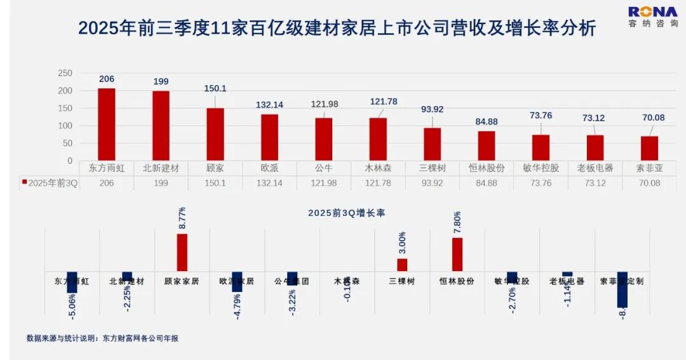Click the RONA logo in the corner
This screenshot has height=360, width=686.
click(x=653, y=17)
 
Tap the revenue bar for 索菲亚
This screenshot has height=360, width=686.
click(x=649, y=149)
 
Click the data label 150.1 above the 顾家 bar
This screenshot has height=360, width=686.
click(x=215, y=89)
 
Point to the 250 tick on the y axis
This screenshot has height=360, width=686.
click(x=65, y=73)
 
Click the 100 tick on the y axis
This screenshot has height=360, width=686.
click(x=65, y=126)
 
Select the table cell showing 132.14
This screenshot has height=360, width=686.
click(x=269, y=183)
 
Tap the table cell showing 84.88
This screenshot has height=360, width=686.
click(x=487, y=183)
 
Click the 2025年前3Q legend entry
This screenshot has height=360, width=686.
click(x=50, y=183)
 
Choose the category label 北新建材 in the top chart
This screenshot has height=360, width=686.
click(x=161, y=168)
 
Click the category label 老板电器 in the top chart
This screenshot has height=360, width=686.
click(x=595, y=168)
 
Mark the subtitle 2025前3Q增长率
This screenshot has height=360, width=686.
click(x=346, y=213)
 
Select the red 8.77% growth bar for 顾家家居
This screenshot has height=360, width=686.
click(x=182, y=252)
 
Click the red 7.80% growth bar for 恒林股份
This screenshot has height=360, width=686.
click(x=457, y=254)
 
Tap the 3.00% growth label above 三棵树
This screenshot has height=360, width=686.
click(x=402, y=242)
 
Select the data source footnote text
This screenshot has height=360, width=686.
click(x=102, y=338)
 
